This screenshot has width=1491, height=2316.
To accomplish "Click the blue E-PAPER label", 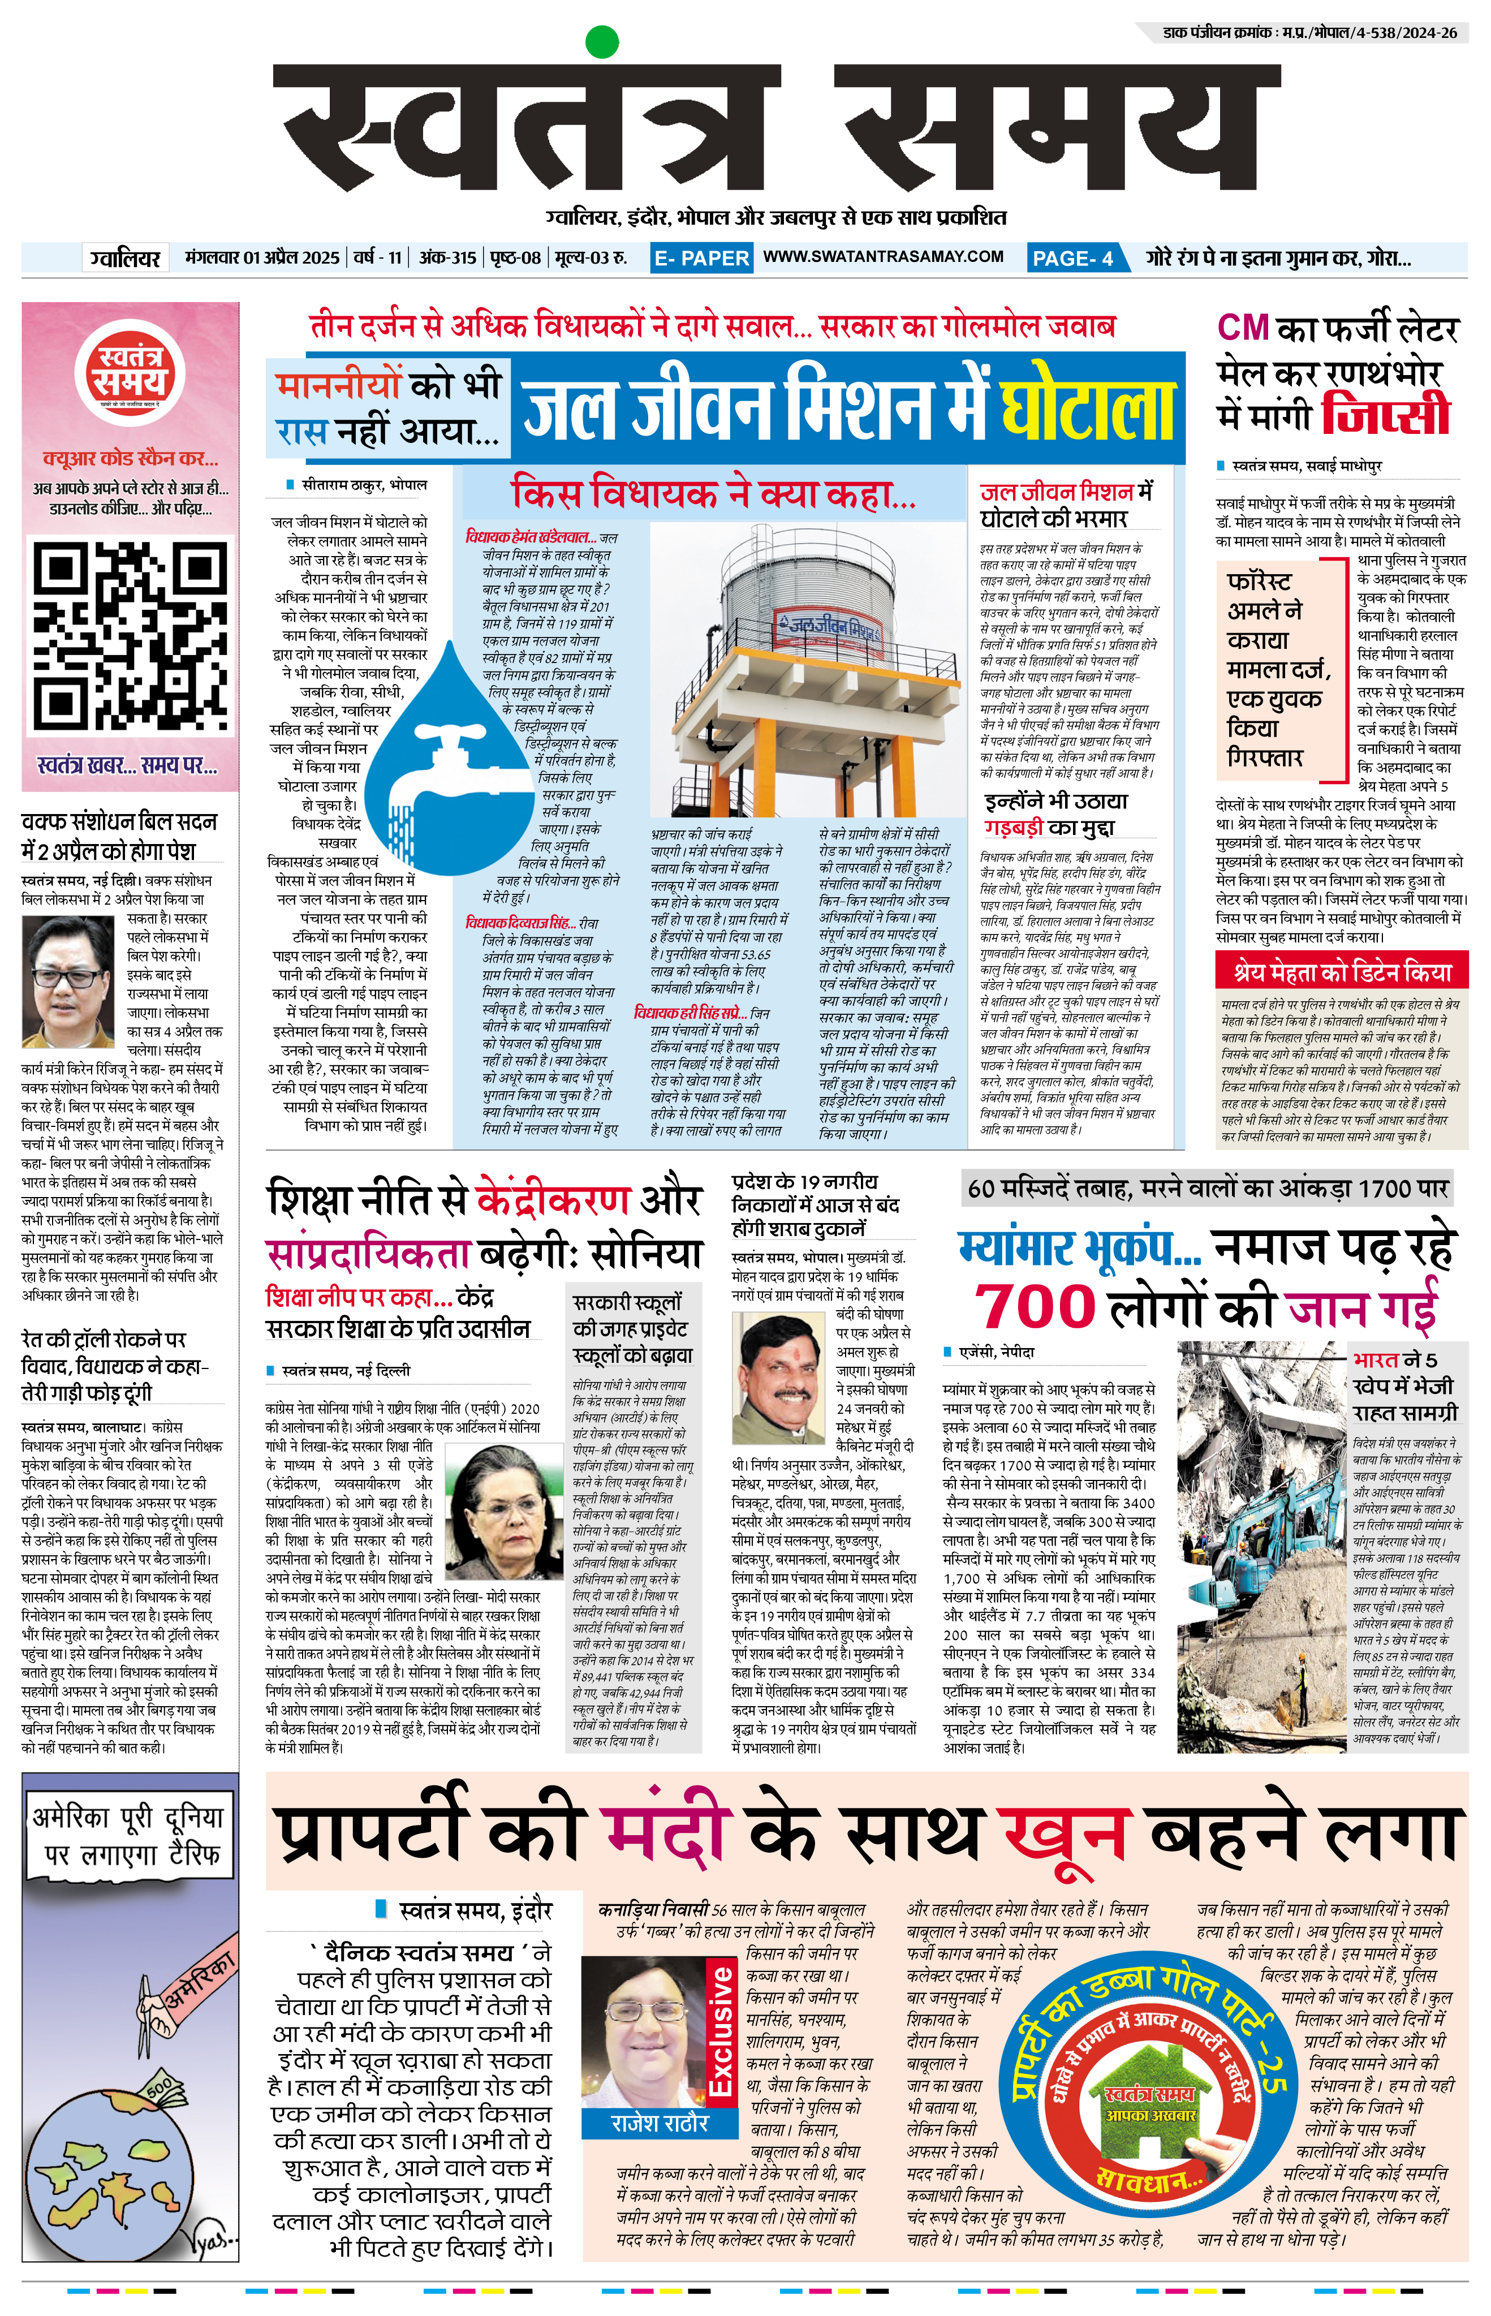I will (701, 257).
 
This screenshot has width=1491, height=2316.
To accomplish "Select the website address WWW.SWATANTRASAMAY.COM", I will (883, 257).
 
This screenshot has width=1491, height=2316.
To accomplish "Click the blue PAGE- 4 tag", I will (1072, 257).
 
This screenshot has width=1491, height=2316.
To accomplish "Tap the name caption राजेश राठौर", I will (660, 2123).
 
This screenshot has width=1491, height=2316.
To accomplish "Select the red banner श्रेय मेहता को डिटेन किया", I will (1342, 972).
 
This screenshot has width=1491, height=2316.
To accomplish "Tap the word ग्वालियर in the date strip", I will (126, 257).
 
